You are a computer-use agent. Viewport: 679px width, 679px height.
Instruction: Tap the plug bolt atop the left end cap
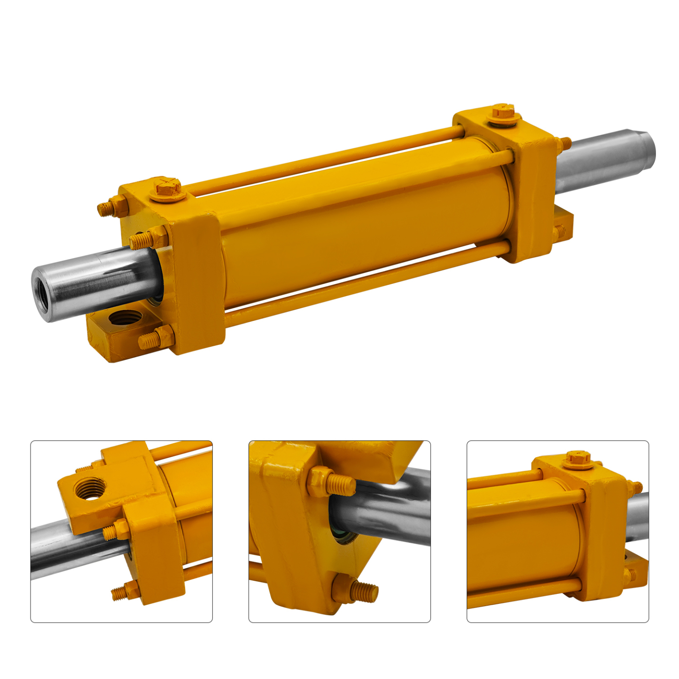tap(167, 188)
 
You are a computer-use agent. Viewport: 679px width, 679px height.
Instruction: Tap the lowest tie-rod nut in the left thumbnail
tap(125, 591)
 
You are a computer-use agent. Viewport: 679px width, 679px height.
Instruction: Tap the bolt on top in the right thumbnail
tap(578, 459)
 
